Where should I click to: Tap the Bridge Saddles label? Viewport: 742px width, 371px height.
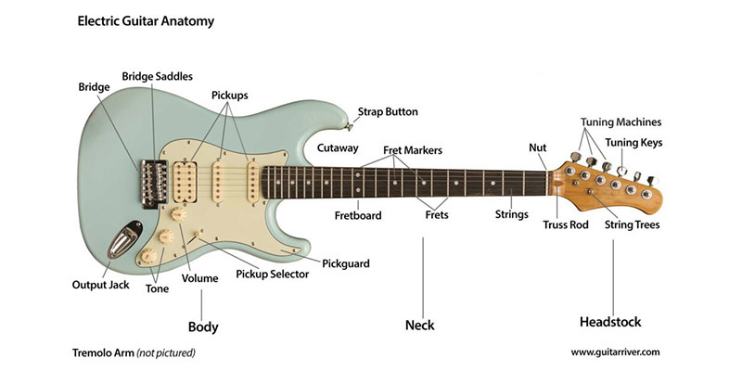(x=158, y=76)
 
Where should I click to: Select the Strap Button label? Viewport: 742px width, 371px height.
(x=388, y=112)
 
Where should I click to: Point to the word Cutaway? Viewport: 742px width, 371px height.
(x=338, y=147)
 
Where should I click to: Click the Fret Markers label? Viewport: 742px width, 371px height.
(x=413, y=150)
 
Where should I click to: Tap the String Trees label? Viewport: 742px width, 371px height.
(x=633, y=224)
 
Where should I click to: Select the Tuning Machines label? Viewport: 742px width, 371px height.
(x=621, y=122)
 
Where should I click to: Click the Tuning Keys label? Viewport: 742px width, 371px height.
(x=634, y=142)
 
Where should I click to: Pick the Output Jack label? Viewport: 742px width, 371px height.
(x=101, y=285)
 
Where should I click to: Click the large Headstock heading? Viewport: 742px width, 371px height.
(x=610, y=323)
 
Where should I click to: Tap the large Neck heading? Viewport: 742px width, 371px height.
(x=419, y=326)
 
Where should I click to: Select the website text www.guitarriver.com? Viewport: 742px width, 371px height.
(x=615, y=352)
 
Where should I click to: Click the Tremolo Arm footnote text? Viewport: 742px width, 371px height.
(x=134, y=353)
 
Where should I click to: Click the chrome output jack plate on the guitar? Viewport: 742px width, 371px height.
(x=122, y=243)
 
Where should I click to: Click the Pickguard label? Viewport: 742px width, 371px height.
(x=346, y=264)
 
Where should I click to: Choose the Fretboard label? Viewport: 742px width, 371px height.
(x=359, y=216)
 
